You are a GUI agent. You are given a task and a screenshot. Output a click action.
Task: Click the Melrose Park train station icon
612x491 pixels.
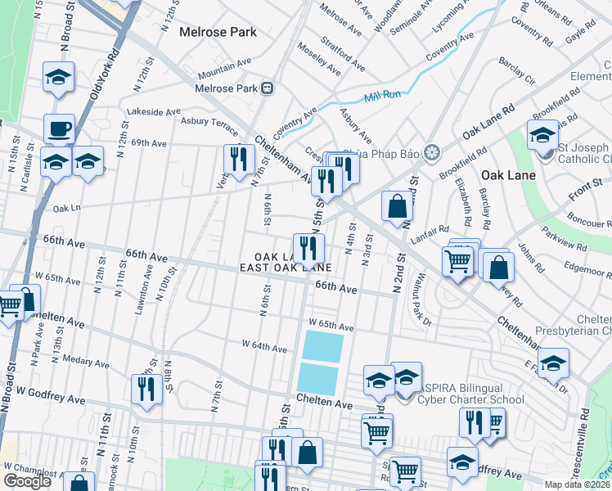(x=267, y=88)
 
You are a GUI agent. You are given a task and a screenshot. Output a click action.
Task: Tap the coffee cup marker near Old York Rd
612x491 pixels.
(x=59, y=129)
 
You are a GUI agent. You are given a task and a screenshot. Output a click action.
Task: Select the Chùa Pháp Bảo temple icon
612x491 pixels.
(x=433, y=151)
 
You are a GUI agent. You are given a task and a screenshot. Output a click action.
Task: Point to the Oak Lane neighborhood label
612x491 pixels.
(x=508, y=175)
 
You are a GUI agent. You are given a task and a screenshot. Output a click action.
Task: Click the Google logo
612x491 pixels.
(x=27, y=481)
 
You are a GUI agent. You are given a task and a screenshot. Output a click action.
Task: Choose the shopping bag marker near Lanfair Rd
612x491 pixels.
(x=397, y=207)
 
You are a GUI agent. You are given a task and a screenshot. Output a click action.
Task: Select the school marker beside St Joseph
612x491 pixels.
(x=542, y=137)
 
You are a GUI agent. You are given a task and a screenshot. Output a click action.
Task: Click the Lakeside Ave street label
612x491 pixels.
(x=152, y=111)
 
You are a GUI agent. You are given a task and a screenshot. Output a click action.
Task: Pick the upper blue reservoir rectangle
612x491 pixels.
(x=322, y=345)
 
